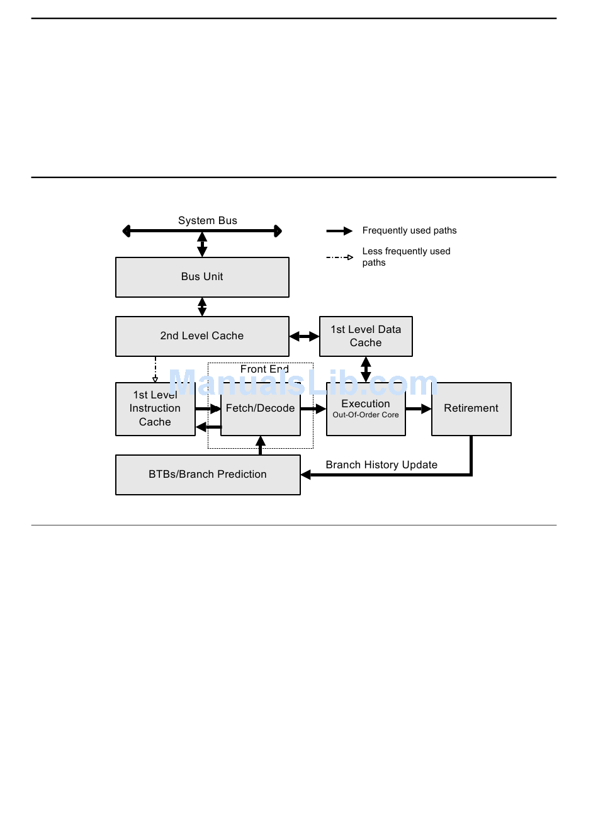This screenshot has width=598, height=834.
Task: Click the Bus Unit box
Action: click(x=202, y=277)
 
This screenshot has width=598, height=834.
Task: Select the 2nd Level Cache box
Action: click(x=202, y=336)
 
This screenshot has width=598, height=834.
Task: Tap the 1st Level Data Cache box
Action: click(x=366, y=336)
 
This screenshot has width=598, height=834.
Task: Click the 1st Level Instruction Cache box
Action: click(x=155, y=409)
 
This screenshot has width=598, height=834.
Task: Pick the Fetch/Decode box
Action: click(x=260, y=409)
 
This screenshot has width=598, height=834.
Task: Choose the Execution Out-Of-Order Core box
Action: click(x=366, y=409)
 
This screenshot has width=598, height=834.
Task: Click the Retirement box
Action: click(x=471, y=409)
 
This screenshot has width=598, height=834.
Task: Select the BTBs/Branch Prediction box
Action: click(x=208, y=475)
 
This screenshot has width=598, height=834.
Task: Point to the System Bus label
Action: click(x=207, y=220)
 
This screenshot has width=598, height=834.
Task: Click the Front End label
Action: click(x=264, y=369)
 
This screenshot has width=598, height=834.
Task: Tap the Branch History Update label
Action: click(x=381, y=465)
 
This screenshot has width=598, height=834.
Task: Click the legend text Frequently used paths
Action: click(x=409, y=230)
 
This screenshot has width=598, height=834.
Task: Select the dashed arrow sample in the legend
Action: click(x=339, y=257)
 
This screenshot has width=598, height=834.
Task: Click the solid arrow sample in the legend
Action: click(x=339, y=231)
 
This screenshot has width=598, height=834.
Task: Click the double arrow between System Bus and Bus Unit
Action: click(x=202, y=244)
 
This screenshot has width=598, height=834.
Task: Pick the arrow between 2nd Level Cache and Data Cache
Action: click(x=304, y=337)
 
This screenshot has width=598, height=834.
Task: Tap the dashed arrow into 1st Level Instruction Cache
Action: click(x=155, y=369)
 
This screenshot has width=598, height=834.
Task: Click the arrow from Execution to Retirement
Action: click(x=419, y=409)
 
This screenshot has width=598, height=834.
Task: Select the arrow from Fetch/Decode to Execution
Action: click(x=313, y=409)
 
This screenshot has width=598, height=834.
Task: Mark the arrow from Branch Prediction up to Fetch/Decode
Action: click(x=260, y=445)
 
